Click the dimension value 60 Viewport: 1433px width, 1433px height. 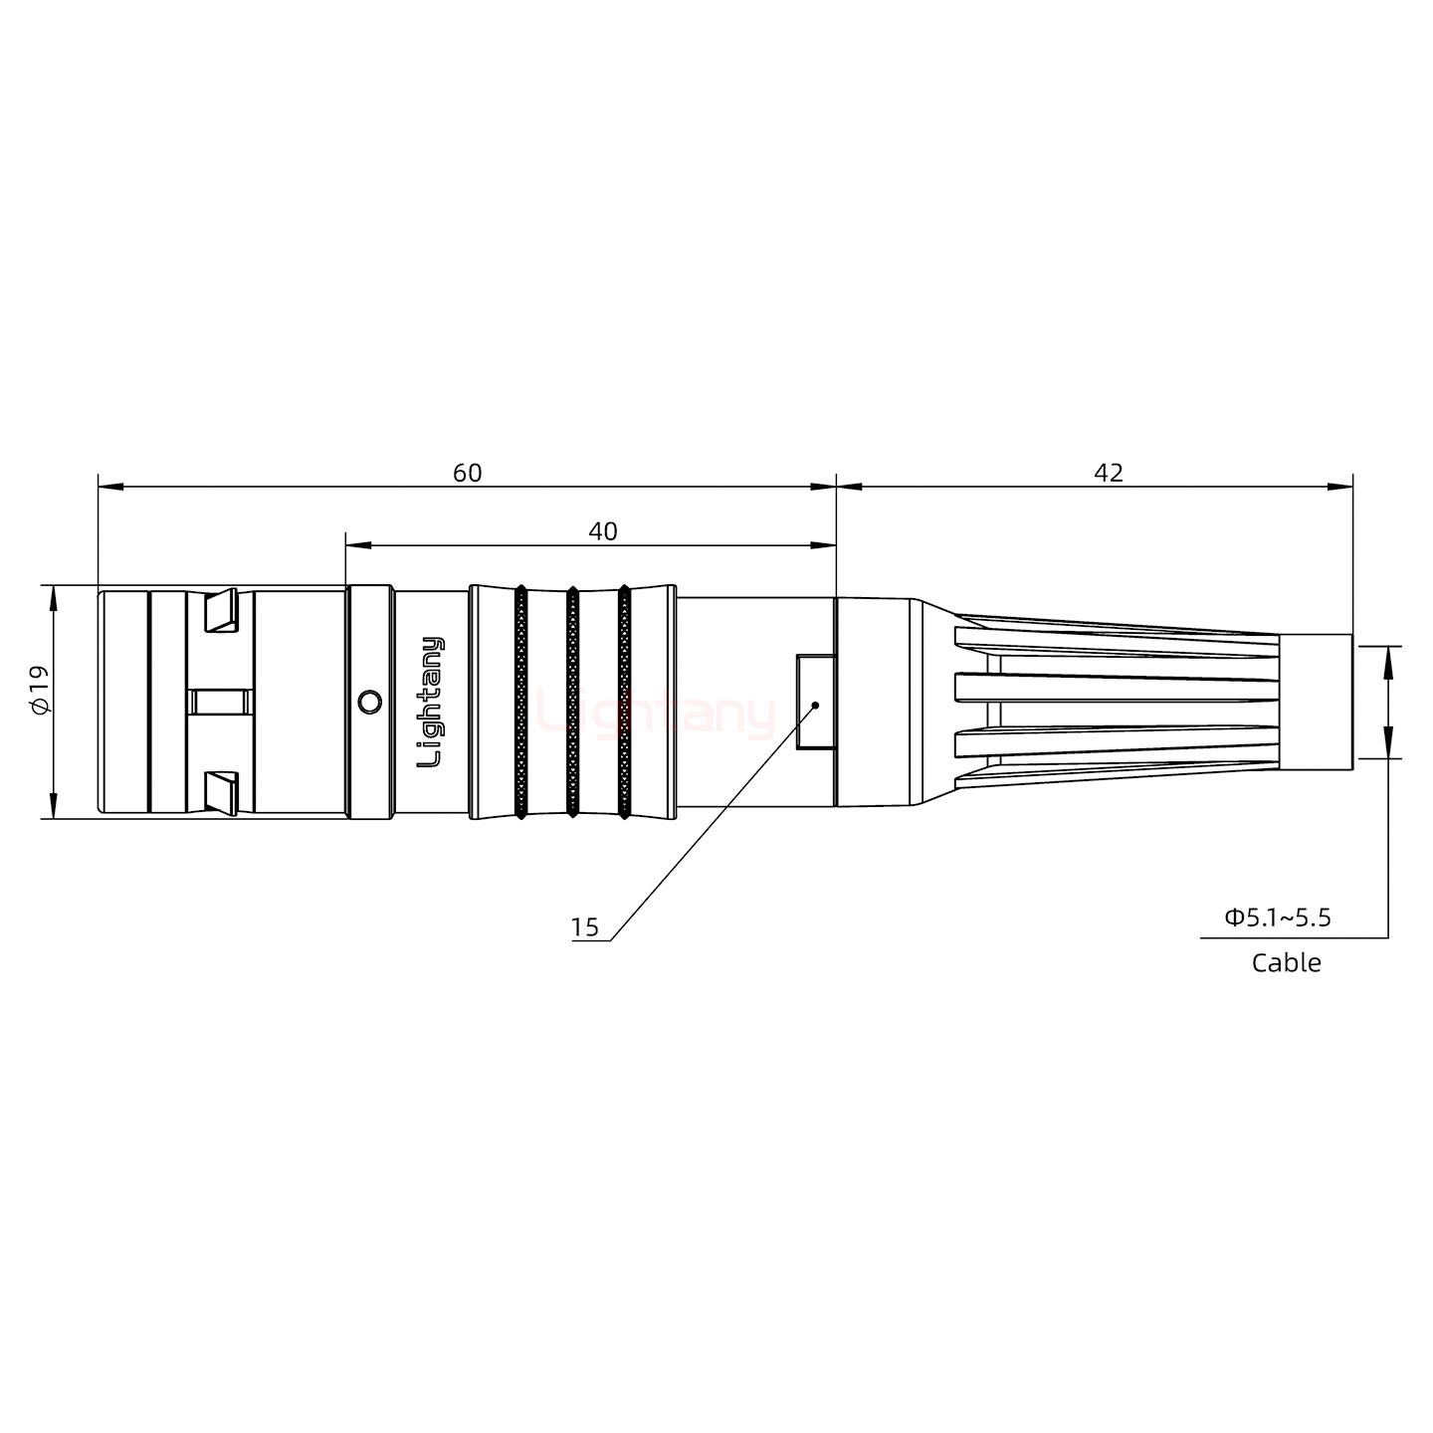click(x=467, y=473)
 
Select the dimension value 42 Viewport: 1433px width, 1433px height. click(x=1108, y=473)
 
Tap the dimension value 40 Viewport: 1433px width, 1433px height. click(x=602, y=531)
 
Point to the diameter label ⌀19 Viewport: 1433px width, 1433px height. click(x=39, y=690)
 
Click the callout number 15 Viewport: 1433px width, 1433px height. click(x=585, y=927)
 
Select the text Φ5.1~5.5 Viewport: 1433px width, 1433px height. click(x=1277, y=917)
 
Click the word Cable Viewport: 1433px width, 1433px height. click(x=1286, y=962)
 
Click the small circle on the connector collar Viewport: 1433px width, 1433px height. click(x=369, y=702)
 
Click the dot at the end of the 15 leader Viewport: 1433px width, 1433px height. click(x=816, y=705)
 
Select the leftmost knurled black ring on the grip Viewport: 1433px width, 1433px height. click(x=520, y=702)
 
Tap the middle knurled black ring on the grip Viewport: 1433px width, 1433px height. click(x=572, y=702)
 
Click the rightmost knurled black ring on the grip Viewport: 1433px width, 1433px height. click(x=624, y=702)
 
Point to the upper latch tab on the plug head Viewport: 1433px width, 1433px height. click(x=220, y=611)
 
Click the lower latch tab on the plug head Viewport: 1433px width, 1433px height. click(x=220, y=791)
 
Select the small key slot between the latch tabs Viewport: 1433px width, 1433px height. click(x=222, y=702)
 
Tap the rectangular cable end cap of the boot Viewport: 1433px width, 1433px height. click(x=1315, y=702)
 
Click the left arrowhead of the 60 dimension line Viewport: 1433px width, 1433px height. click(x=109, y=487)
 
